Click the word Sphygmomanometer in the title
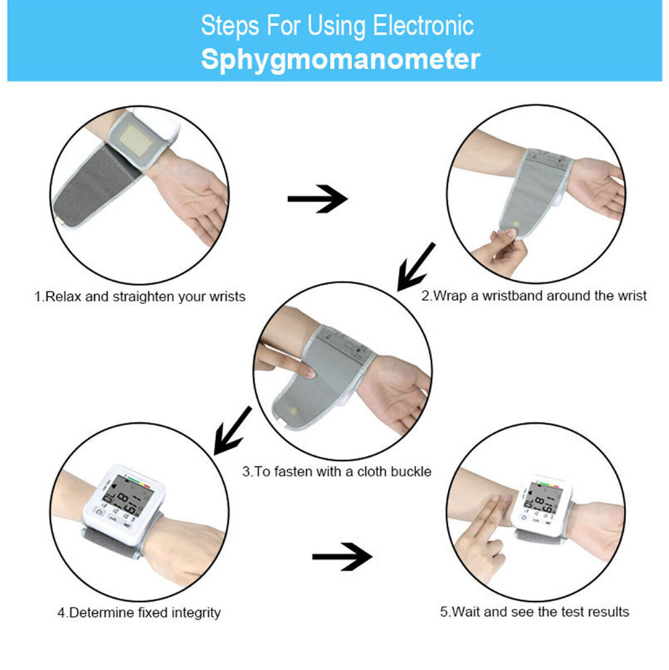coord(340,60)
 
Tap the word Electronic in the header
coord(423,25)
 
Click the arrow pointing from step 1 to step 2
coord(317,198)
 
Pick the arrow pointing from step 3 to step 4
coord(233,430)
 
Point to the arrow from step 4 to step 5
coord(342,557)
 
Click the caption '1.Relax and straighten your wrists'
coord(140,296)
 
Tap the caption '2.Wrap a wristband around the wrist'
coord(534,296)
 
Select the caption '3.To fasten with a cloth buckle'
coord(337,472)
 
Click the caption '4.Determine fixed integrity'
coord(139,613)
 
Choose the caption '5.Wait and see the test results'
coord(534,612)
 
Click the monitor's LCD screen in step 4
coord(127,496)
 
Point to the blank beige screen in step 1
coord(135,140)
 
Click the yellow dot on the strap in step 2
coord(516,224)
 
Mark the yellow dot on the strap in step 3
coord(293,411)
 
